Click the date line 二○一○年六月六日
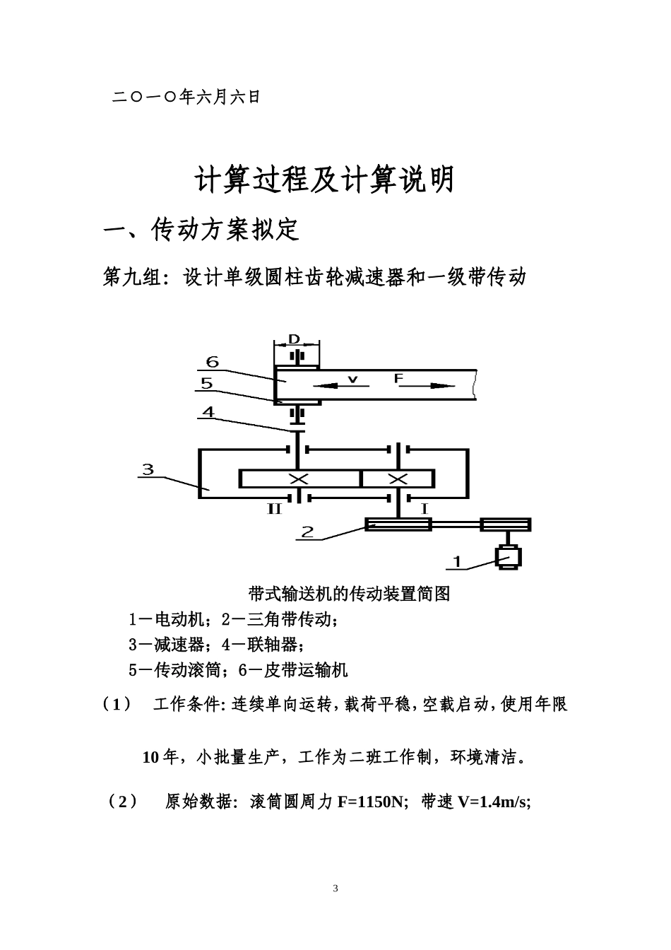(186, 97)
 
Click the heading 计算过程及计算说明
(324, 181)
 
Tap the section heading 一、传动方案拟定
(202, 230)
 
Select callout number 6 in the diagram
(212, 362)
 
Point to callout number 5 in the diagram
(206, 384)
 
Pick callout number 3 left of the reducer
(148, 469)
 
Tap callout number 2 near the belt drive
(307, 532)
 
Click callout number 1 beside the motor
(457, 562)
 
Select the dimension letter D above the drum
(294, 340)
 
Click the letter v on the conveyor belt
(352, 380)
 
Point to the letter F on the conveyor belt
(398, 379)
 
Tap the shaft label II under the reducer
(274, 508)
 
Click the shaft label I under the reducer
(424, 508)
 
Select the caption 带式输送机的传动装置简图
(350, 594)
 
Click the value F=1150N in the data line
(371, 802)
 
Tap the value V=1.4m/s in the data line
(493, 802)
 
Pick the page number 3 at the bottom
(335, 889)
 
